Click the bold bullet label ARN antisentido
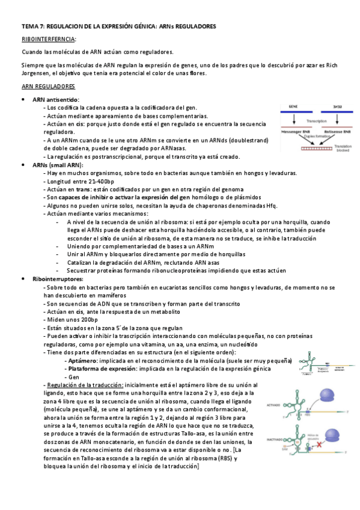pos(56,99)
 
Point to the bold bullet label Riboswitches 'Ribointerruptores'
pos(59,262)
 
